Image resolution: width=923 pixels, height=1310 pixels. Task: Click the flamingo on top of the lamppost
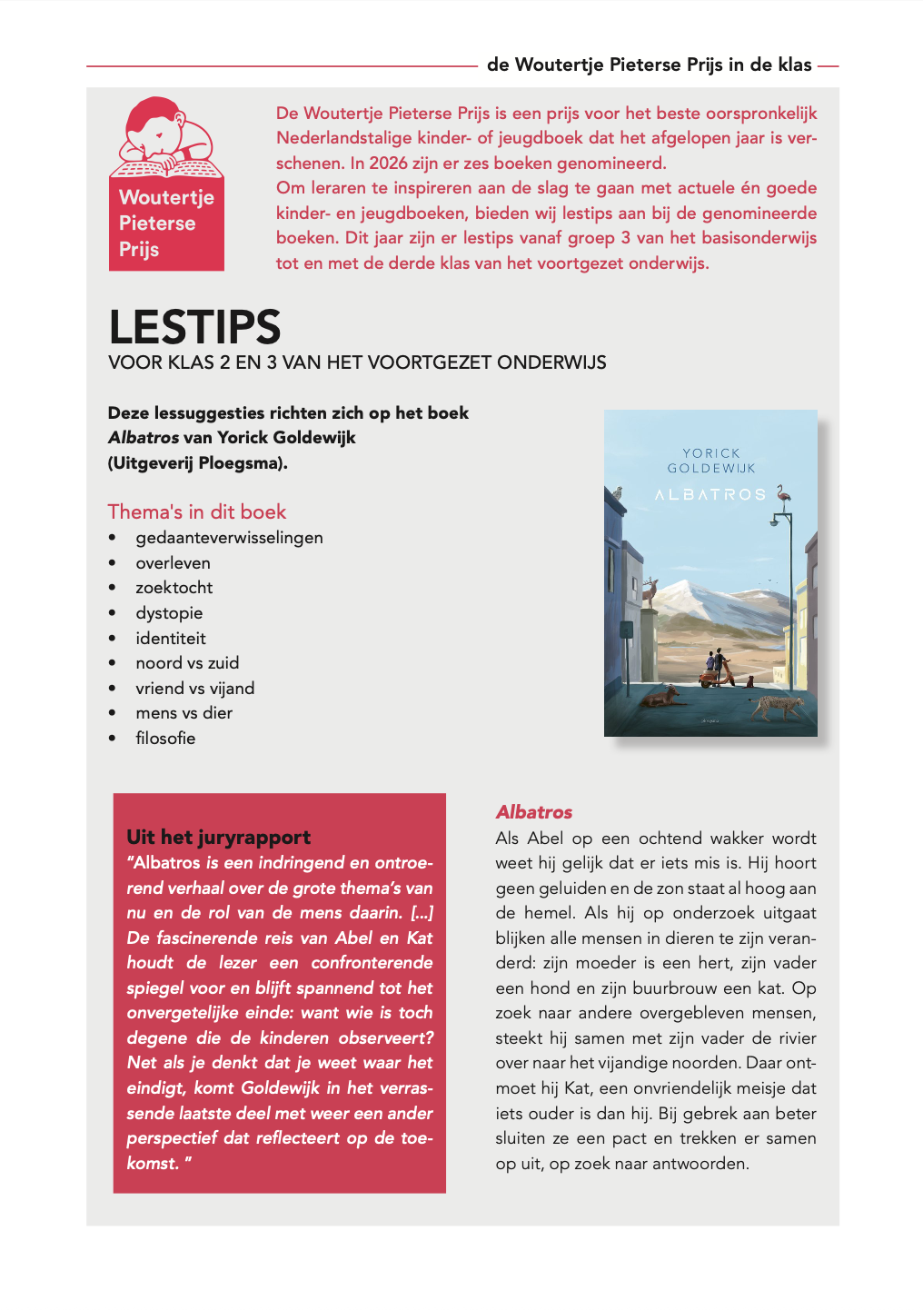pyautogui.click(x=783, y=493)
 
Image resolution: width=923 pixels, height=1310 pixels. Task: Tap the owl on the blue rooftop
pyautogui.click(x=618, y=492)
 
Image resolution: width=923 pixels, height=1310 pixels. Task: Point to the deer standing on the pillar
pyautogui.click(x=650, y=592)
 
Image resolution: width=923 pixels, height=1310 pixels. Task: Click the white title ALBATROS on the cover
pyautogui.click(x=710, y=495)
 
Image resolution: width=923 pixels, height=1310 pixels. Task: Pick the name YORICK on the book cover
pyautogui.click(x=711, y=453)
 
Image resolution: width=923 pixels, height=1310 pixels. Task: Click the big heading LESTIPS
pyautogui.click(x=194, y=327)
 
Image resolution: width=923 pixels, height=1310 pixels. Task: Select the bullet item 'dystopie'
pyautogui.click(x=169, y=613)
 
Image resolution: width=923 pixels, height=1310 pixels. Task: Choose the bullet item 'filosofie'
pyautogui.click(x=165, y=739)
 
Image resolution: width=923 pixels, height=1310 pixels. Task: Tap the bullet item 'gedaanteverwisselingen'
pyautogui.click(x=229, y=538)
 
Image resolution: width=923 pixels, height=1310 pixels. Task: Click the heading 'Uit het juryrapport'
pyautogui.click(x=218, y=837)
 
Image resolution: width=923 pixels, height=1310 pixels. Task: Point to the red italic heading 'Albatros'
pyautogui.click(x=534, y=812)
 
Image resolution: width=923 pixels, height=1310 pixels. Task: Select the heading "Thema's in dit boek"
pyautogui.click(x=197, y=511)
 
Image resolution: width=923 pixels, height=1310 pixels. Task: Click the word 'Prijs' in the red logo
pyautogui.click(x=139, y=250)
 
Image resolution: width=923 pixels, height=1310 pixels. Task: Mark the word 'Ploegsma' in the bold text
pyautogui.click(x=239, y=463)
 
